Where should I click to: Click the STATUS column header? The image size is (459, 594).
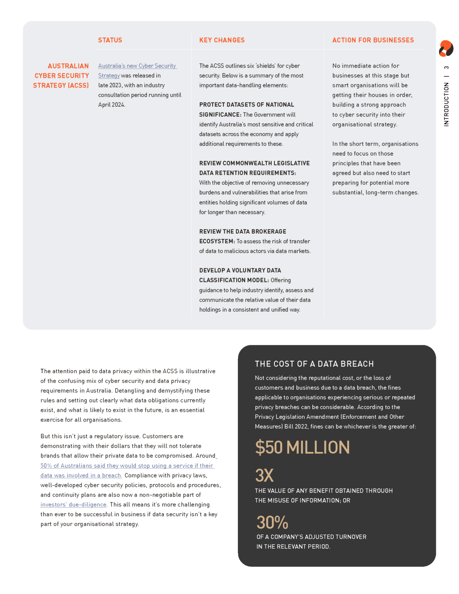[x=110, y=40]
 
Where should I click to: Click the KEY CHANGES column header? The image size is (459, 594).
[x=222, y=40]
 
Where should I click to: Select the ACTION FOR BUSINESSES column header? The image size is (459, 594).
[x=373, y=40]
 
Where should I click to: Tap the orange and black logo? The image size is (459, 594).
[x=446, y=49]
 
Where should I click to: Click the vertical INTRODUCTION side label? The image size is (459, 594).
[x=446, y=104]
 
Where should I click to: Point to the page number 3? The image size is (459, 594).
[x=446, y=68]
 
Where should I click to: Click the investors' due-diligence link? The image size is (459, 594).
[x=73, y=505]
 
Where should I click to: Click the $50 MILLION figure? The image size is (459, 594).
[x=302, y=447]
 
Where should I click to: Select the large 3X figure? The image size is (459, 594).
[x=264, y=476]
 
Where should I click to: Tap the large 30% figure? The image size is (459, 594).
[x=272, y=522]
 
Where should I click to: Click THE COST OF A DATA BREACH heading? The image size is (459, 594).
[x=314, y=364]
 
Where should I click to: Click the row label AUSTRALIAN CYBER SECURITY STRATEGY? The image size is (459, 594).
[x=61, y=76]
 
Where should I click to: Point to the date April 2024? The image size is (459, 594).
[x=111, y=105]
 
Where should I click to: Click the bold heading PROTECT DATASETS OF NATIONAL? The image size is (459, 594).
[x=246, y=105]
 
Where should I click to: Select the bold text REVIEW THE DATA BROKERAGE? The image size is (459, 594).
[x=242, y=232]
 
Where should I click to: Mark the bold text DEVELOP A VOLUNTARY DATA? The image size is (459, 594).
[x=240, y=271]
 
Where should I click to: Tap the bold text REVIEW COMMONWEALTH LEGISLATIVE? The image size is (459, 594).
[x=254, y=163]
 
